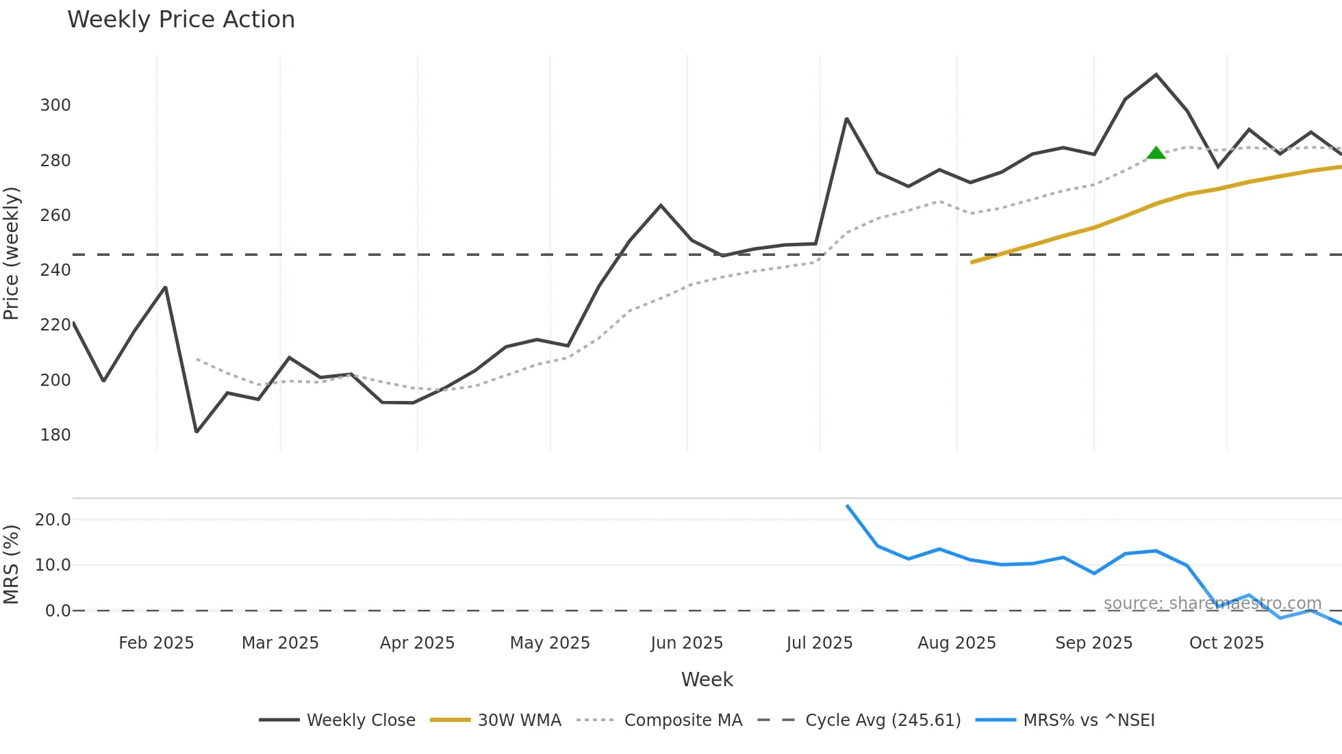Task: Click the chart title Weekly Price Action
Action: [181, 20]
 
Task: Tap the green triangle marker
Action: [1156, 153]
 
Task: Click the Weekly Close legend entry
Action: [338, 720]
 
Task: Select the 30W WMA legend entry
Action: [496, 720]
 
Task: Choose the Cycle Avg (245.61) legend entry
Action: [859, 720]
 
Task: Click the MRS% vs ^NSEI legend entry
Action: [1065, 720]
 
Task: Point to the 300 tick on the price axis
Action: [55, 105]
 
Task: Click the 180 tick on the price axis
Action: [55, 435]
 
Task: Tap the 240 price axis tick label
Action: [55, 270]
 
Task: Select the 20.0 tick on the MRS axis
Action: [53, 520]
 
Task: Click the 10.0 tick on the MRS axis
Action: [53, 565]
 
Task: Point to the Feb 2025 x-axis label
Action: [156, 643]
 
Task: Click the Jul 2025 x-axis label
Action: [820, 643]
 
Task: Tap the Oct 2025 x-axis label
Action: [1226, 643]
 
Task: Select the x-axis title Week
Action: [707, 679]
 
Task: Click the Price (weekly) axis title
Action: [12, 253]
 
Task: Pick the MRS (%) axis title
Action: [12, 564]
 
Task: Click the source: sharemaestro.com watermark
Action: [1212, 603]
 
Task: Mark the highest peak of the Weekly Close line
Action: [1156, 75]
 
